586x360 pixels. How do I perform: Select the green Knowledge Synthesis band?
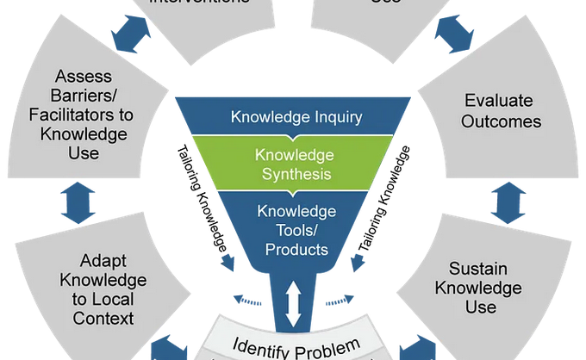click(x=293, y=164)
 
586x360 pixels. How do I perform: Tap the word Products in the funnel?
click(x=297, y=250)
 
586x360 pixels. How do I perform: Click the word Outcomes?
click(x=501, y=121)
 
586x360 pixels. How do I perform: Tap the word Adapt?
click(x=102, y=260)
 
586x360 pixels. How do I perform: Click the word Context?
click(x=102, y=319)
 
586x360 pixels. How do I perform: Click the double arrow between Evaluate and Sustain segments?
click(x=503, y=201)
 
